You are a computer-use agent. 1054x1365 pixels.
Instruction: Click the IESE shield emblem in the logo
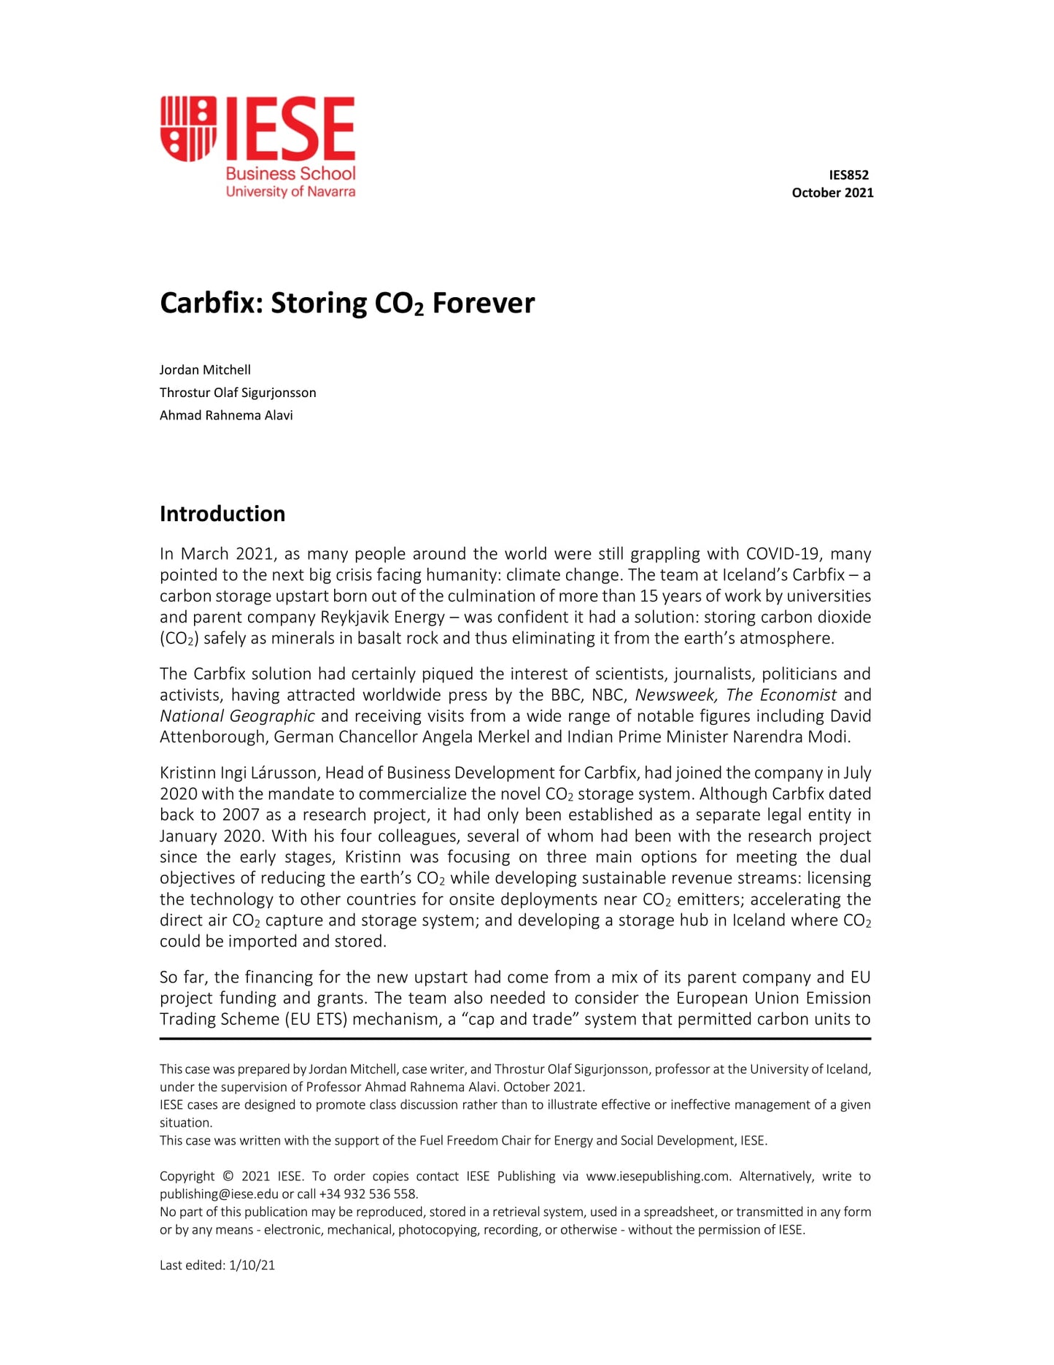coord(188,128)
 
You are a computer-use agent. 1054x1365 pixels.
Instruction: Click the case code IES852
coord(848,174)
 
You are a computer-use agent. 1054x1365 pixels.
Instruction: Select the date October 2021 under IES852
coord(832,193)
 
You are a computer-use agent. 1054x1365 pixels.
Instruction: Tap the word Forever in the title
coord(484,304)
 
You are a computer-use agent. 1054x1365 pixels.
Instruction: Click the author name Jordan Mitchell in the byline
coord(205,370)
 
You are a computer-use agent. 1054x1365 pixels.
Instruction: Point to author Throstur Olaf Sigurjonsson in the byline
coord(238,393)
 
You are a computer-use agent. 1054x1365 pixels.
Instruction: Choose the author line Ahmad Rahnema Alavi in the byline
coord(226,415)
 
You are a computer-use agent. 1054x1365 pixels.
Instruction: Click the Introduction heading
coord(222,514)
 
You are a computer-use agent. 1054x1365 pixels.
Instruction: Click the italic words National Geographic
coord(237,716)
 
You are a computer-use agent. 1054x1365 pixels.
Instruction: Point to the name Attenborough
coord(214,737)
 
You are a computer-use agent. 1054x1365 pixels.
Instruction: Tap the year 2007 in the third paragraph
coord(241,815)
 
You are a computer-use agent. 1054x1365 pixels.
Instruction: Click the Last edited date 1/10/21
coord(252,1266)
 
